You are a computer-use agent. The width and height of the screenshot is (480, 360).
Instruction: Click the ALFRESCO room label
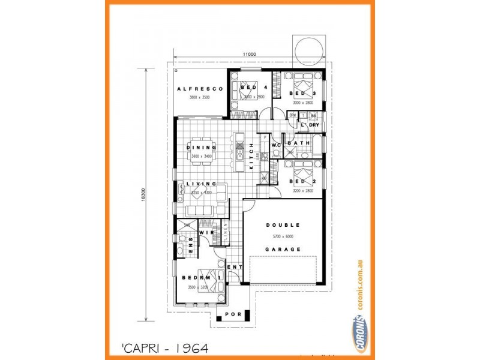pyautogui.click(x=200, y=89)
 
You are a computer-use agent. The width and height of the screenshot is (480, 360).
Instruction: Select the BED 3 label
pyautogui.click(x=302, y=94)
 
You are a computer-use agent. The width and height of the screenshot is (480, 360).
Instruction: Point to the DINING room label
pyautogui.click(x=200, y=148)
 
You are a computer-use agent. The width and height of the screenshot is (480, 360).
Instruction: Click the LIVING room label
pyautogui.click(x=200, y=184)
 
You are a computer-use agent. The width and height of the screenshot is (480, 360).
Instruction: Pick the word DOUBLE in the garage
pyautogui.click(x=282, y=225)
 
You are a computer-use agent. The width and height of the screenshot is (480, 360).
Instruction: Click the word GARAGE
pyautogui.click(x=282, y=248)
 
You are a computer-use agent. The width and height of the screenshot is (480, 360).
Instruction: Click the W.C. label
pyautogui.click(x=277, y=145)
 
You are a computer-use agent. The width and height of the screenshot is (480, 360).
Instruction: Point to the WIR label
pyautogui.click(x=206, y=232)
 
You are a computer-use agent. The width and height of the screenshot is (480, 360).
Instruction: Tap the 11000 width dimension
pyautogui.click(x=250, y=55)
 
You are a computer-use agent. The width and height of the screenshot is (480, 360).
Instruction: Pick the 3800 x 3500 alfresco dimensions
pyautogui.click(x=200, y=97)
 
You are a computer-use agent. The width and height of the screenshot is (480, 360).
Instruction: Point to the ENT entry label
pyautogui.click(x=235, y=267)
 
